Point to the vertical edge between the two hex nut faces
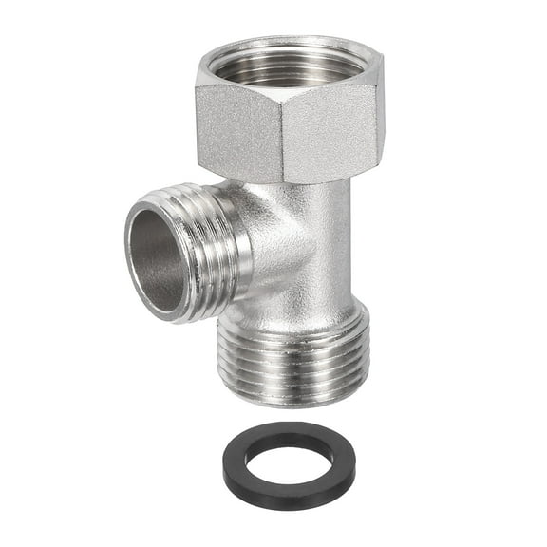click(282, 133)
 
